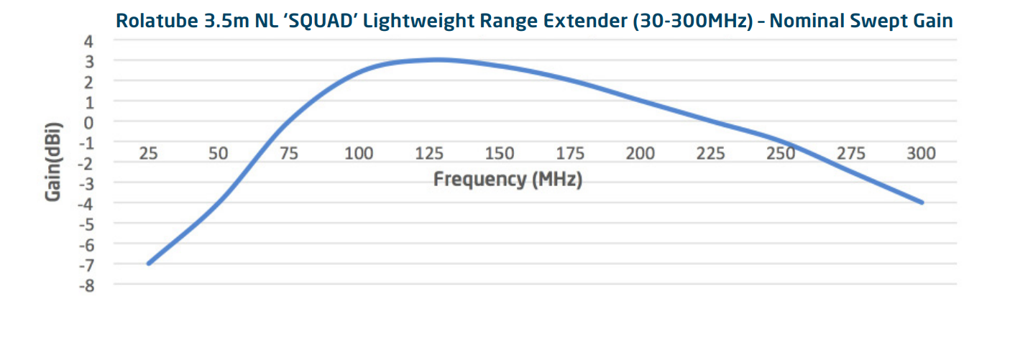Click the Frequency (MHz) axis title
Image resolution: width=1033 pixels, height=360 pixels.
pyautogui.click(x=508, y=179)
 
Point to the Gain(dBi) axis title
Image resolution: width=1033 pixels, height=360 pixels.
pyautogui.click(x=53, y=163)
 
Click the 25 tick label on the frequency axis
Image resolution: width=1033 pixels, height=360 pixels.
pyautogui.click(x=148, y=153)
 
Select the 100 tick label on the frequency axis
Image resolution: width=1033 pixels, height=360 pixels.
pyautogui.click(x=359, y=153)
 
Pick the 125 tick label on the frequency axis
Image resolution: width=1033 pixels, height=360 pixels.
pyautogui.click(x=429, y=153)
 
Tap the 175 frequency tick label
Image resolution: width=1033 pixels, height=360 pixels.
pyautogui.click(x=570, y=153)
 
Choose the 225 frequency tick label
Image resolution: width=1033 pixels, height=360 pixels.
pyautogui.click(x=710, y=153)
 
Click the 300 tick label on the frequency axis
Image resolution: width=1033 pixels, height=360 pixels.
pyautogui.click(x=921, y=153)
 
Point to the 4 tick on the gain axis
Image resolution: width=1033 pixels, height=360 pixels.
pyautogui.click(x=89, y=42)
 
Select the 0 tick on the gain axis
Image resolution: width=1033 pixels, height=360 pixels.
pyautogui.click(x=89, y=123)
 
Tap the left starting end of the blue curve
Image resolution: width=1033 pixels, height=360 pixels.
pyautogui.click(x=149, y=264)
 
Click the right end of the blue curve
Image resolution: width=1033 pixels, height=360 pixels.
pyautogui.click(x=922, y=203)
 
